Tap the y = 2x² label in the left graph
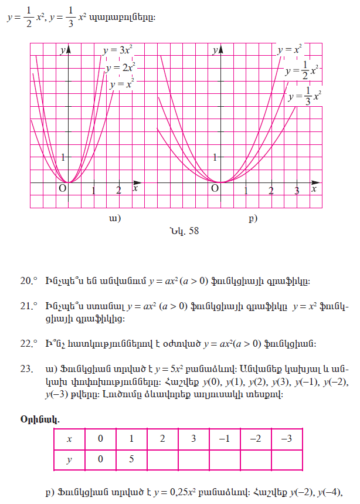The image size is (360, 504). pyautogui.click(x=121, y=67)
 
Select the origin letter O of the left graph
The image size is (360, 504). pyautogui.click(x=61, y=188)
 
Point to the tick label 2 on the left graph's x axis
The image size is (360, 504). pyautogui.click(x=118, y=190)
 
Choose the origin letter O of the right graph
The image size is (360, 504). pyautogui.click(x=215, y=188)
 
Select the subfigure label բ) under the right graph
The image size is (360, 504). pyautogui.click(x=253, y=219)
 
